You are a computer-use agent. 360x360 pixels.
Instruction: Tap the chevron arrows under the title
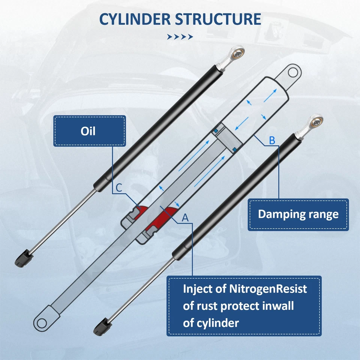[180, 37]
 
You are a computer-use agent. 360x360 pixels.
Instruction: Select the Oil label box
[89, 131]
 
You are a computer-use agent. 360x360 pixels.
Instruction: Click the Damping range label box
[298, 214]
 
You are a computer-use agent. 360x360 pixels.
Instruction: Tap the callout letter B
[272, 141]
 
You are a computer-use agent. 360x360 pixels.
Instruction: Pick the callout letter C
[118, 188]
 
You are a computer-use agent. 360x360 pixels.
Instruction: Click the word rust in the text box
[207, 306]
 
